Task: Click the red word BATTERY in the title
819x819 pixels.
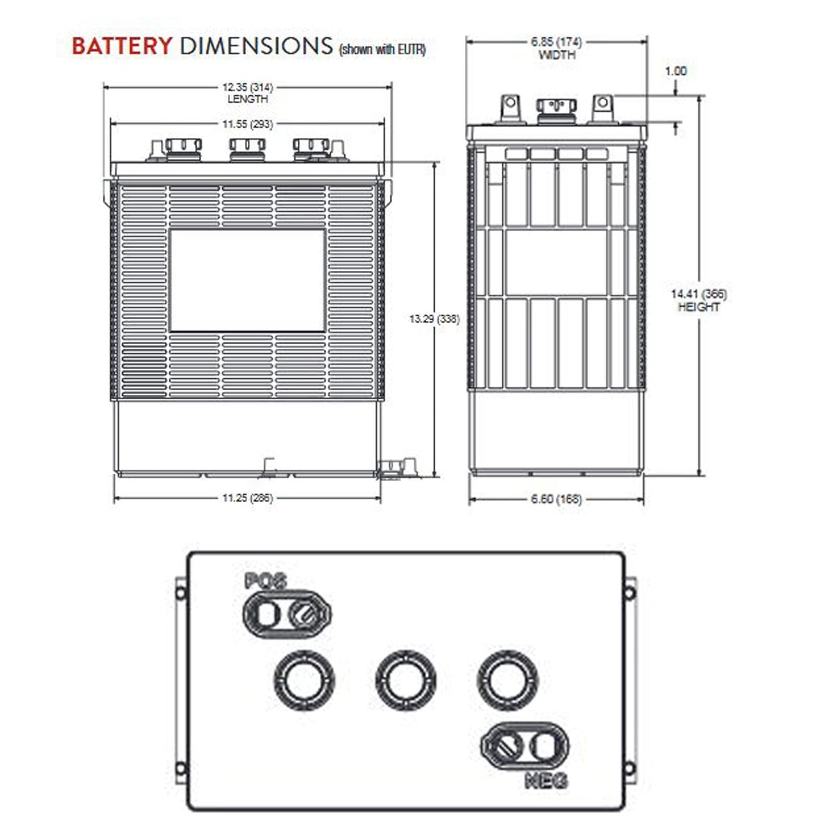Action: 121,46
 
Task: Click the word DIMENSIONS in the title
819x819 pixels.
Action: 256,46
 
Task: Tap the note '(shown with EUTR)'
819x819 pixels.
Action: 382,50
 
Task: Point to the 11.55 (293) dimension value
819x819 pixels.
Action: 247,124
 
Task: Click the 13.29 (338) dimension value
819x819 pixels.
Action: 434,319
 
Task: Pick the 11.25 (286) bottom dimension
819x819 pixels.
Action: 247,498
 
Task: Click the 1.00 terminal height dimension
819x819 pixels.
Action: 676,71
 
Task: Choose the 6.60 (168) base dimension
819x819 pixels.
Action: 556,499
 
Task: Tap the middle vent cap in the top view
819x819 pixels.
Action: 406,680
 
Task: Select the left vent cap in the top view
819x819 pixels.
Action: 304,680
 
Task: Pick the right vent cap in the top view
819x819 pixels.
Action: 507,680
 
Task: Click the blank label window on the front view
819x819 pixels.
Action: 247,281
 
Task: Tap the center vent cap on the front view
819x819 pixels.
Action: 247,148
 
